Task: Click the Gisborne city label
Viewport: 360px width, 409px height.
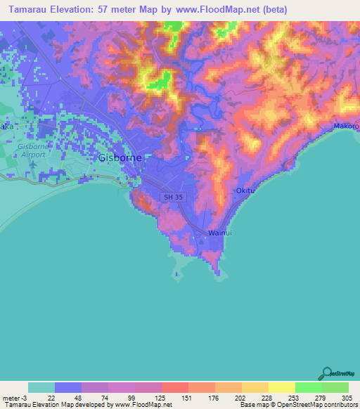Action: point(120,158)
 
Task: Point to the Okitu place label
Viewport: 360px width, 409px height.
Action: point(244,190)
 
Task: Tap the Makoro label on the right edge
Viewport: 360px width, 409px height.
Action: point(346,126)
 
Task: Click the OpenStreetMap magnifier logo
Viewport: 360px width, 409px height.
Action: point(326,372)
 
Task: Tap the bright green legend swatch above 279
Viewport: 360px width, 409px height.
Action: point(309,387)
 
